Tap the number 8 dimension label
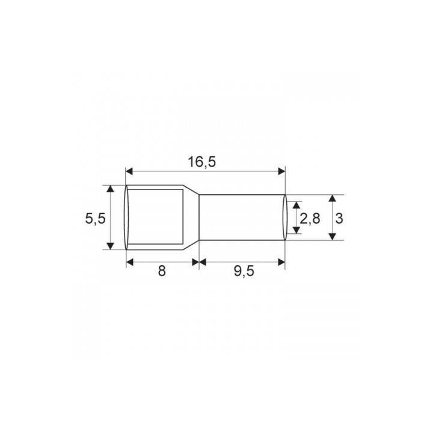(162, 271)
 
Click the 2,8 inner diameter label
(310, 219)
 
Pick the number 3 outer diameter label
(339, 219)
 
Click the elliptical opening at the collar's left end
(127, 217)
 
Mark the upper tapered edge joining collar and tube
(192, 190)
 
